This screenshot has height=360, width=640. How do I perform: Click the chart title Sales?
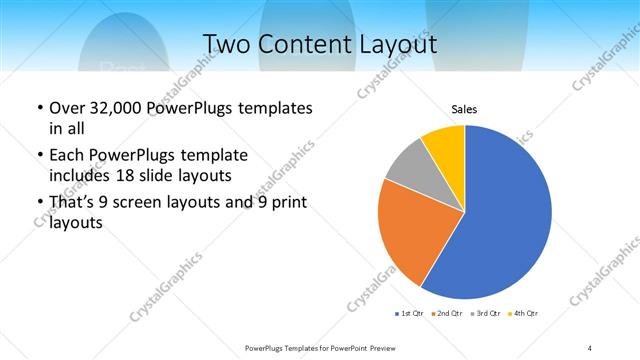click(x=464, y=109)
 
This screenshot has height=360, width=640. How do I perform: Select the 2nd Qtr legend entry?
click(x=447, y=315)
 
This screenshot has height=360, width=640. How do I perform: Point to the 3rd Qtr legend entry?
click(x=486, y=315)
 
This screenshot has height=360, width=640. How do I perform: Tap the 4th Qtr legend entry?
click(x=524, y=315)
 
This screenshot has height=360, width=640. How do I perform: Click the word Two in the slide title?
click(x=228, y=44)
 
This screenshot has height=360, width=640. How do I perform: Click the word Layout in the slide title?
click(x=398, y=44)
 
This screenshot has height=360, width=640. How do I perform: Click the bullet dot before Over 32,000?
click(x=38, y=108)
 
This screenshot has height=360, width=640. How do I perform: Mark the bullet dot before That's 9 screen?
click(x=38, y=205)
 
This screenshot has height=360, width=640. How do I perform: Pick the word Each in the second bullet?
click(x=66, y=156)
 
